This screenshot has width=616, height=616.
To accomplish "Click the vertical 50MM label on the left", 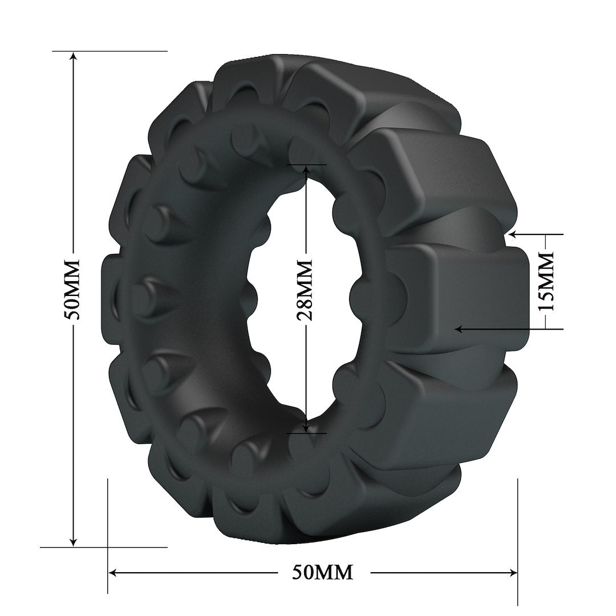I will click(x=72, y=291).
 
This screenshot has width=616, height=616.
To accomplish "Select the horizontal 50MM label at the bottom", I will click(x=322, y=572).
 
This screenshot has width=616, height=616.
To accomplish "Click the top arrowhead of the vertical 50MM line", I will click(x=72, y=55).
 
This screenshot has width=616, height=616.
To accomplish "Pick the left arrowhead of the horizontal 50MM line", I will click(x=113, y=572).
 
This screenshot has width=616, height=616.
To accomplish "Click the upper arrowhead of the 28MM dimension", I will click(x=306, y=169).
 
